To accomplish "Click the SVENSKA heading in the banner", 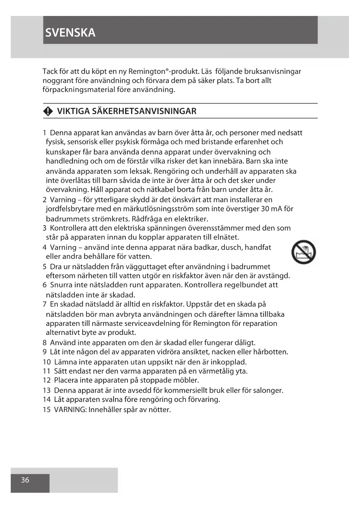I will [70, 33].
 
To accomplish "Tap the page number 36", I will [25, 480].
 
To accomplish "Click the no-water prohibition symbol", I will [303, 252].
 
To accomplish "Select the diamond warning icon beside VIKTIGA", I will [48, 111].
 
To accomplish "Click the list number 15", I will [46, 410].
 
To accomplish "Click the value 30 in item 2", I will [265, 209].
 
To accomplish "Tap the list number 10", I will [46, 362].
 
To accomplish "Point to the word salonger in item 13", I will [268, 390].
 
